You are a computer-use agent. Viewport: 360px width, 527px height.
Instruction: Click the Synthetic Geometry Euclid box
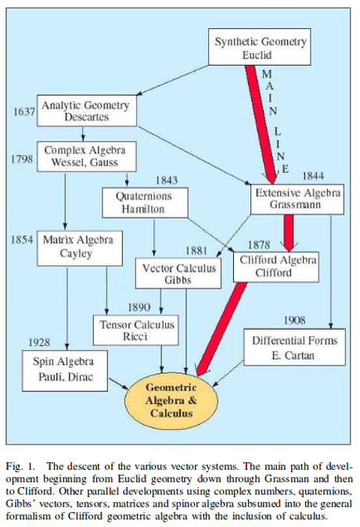coord(259,47)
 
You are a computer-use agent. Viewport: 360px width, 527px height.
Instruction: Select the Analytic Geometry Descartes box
coord(87,110)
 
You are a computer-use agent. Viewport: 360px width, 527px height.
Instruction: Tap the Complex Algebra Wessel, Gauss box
coord(87,157)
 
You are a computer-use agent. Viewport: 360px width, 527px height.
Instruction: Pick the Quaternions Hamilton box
coord(145,202)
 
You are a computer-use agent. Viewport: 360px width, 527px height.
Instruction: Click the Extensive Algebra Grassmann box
coord(297,199)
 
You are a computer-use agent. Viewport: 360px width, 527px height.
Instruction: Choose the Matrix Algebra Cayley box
coord(80,248)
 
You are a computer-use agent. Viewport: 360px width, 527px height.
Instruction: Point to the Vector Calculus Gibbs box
coord(178,273)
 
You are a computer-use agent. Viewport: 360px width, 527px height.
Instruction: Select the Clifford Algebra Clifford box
coord(275,266)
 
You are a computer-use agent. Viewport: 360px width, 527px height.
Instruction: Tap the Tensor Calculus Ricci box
coord(135,330)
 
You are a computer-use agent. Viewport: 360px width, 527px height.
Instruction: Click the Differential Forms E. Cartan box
coord(294,347)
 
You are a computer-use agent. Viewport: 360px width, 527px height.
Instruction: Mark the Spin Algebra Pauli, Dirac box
coord(65,370)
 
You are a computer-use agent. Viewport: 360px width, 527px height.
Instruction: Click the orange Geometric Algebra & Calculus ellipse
coord(171,401)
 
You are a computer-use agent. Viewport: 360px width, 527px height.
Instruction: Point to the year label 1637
coord(23,111)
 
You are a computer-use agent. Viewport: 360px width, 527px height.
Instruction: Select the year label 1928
coord(39,342)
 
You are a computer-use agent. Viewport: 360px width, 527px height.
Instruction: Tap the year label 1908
coord(294,320)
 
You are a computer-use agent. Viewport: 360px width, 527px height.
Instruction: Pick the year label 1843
coord(166,180)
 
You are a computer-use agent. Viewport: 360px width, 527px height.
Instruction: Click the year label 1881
coord(196,251)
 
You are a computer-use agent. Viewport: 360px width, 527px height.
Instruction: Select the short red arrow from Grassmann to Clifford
coord(289,233)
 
